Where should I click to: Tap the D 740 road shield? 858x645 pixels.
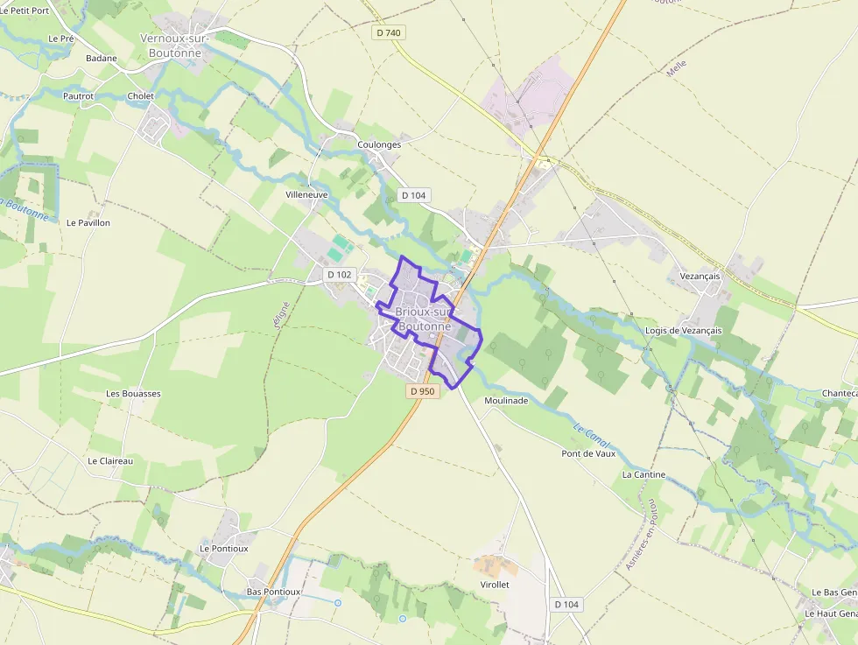point(388,32)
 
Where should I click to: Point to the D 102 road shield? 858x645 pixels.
point(339,275)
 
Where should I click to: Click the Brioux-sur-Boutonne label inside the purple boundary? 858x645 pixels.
point(423,319)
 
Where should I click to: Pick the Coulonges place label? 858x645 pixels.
point(379,144)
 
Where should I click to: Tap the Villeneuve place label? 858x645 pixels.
point(306,194)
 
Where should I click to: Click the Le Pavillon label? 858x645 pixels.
point(88,222)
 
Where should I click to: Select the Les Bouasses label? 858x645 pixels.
point(133,394)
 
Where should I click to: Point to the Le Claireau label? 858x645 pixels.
point(110,460)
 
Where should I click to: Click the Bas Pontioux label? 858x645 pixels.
point(273,592)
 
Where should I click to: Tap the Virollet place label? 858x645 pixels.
point(495,585)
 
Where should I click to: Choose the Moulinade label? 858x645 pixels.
point(506,400)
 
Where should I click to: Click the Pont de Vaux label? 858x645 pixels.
point(588,453)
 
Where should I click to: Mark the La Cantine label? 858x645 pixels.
point(643,474)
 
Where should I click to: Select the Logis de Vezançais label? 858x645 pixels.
point(683,330)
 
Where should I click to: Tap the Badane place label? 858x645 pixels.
point(102,58)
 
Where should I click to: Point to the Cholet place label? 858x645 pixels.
point(140,95)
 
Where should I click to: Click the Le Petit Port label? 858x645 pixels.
point(25,11)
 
